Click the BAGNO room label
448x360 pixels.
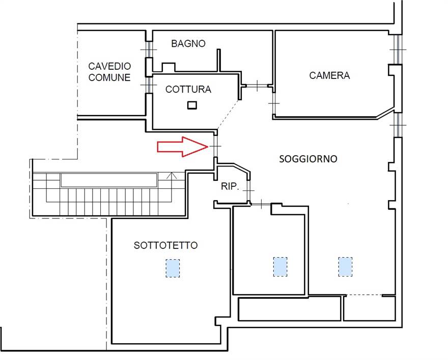click(188, 43)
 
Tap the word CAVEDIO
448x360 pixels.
click(109, 66)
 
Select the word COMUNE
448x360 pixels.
click(109, 77)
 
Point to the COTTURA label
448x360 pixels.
click(188, 89)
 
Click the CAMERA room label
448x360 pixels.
click(329, 75)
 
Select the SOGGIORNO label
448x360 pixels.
click(308, 159)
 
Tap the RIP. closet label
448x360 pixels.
click(230, 186)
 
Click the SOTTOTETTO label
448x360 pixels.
click(166, 245)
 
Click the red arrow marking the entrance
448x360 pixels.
click(183, 147)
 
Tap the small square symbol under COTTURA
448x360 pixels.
click(192, 105)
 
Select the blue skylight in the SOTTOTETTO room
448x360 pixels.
click(173, 268)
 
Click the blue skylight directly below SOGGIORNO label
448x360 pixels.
click(345, 267)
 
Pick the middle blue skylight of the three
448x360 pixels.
click(280, 267)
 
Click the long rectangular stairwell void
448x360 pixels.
click(109, 180)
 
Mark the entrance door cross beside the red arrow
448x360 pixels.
click(216, 146)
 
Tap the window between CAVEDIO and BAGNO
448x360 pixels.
click(149, 50)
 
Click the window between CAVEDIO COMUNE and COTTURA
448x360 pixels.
click(149, 85)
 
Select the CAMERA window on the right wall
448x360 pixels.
click(398, 50)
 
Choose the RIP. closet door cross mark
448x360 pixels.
click(249, 190)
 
